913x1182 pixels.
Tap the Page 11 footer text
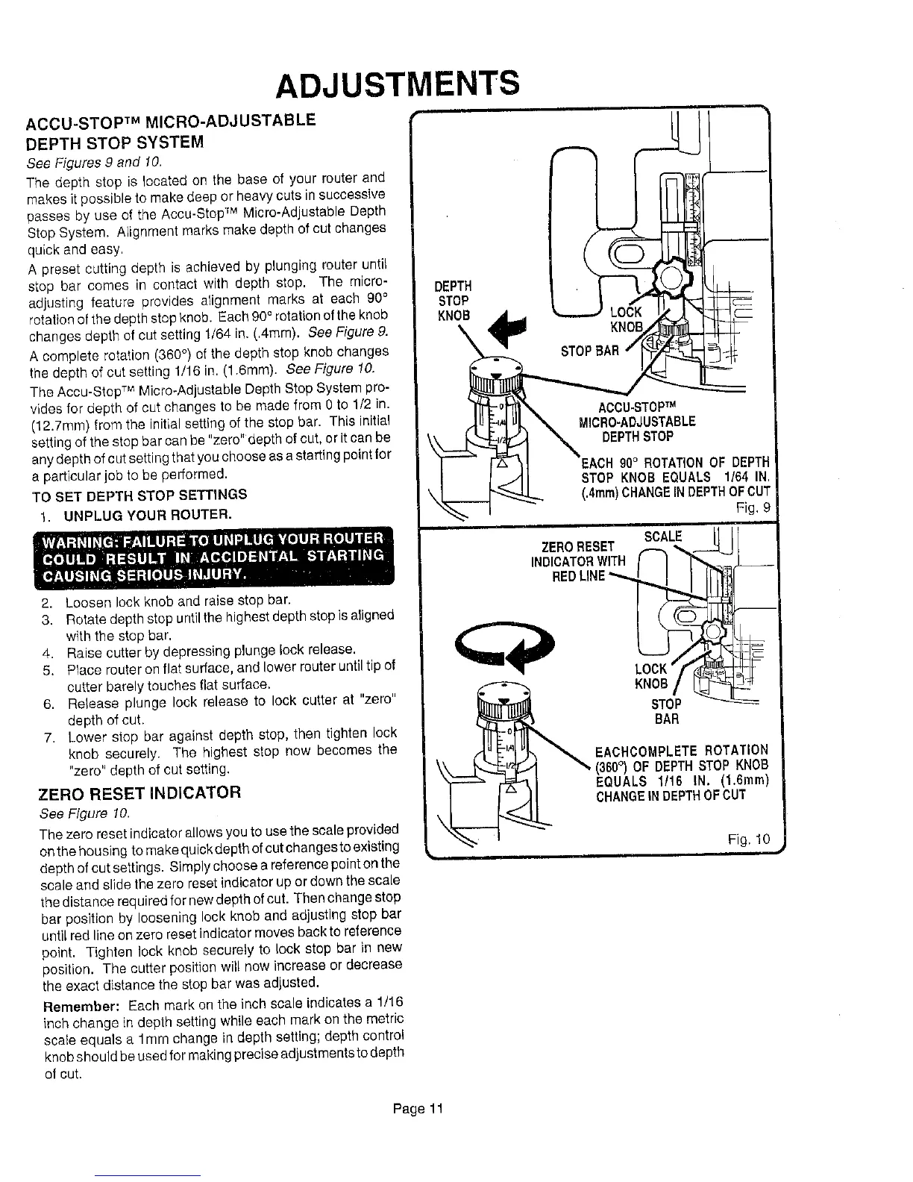(418, 1108)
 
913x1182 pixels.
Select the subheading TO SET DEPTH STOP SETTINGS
(140, 495)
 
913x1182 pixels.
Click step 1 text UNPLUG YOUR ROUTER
(147, 514)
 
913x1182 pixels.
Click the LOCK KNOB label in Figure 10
(650, 677)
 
